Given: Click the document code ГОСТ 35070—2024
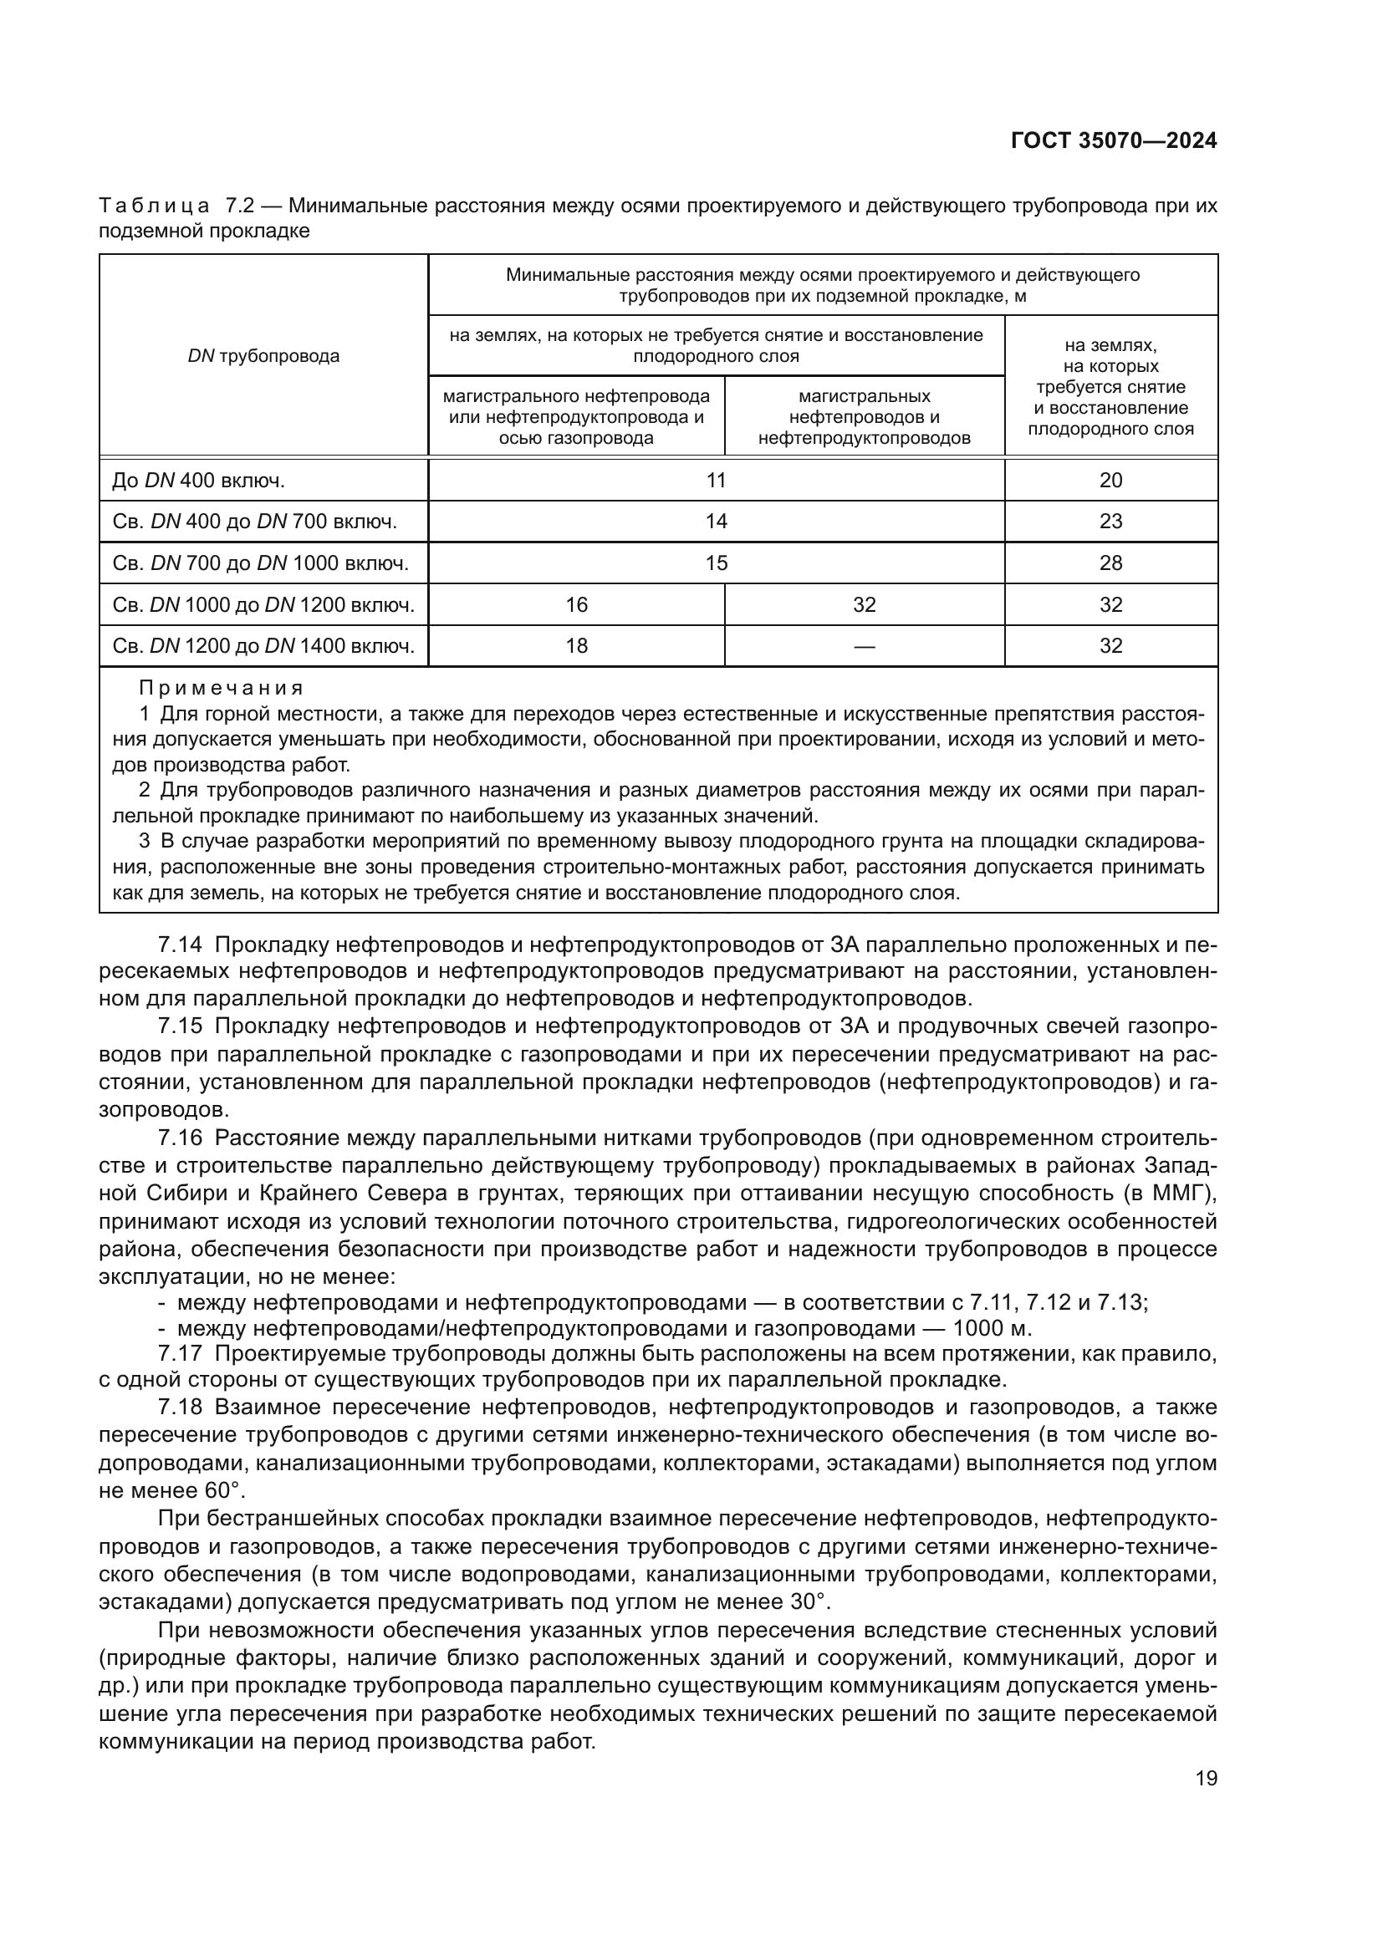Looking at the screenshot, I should pos(1113,141).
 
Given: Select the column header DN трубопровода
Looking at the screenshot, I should pos(263,356).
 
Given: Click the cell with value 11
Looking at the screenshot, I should pos(717,481).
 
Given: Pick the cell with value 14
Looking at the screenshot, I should pos(717,521).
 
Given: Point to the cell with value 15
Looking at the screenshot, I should pos(717,563).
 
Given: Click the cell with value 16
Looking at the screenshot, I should pos(577,604).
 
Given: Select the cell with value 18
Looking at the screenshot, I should pos(577,645).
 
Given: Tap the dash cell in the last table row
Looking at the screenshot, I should pos(864,646).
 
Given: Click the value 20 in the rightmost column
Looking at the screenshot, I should pos(1110,481).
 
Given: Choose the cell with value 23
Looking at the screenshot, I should pos(1110,521).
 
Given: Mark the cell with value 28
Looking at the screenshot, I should pos(1110,563).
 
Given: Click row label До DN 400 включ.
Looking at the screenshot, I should pos(198,481).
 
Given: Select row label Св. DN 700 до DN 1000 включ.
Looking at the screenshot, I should pos(260,563).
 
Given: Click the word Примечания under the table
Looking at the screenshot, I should pos(221,688).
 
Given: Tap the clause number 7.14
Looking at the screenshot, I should pos(180,945).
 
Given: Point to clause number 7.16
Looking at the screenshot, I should pos(180,1138).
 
